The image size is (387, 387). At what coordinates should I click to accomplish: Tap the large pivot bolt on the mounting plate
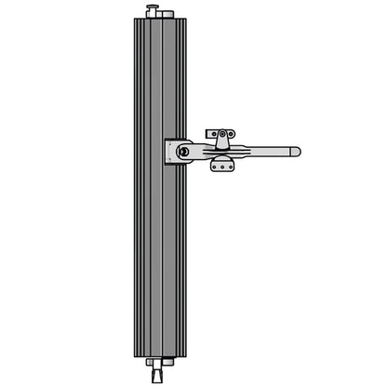pyautogui.click(x=184, y=152)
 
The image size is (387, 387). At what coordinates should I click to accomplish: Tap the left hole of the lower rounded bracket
pyautogui.click(x=213, y=167)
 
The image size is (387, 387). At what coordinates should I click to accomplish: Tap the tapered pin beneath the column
pyautogui.click(x=150, y=374)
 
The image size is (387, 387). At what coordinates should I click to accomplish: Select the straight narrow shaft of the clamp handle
pyautogui.click(x=270, y=150)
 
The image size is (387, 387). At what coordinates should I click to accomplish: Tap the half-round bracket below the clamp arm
pyautogui.click(x=223, y=166)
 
